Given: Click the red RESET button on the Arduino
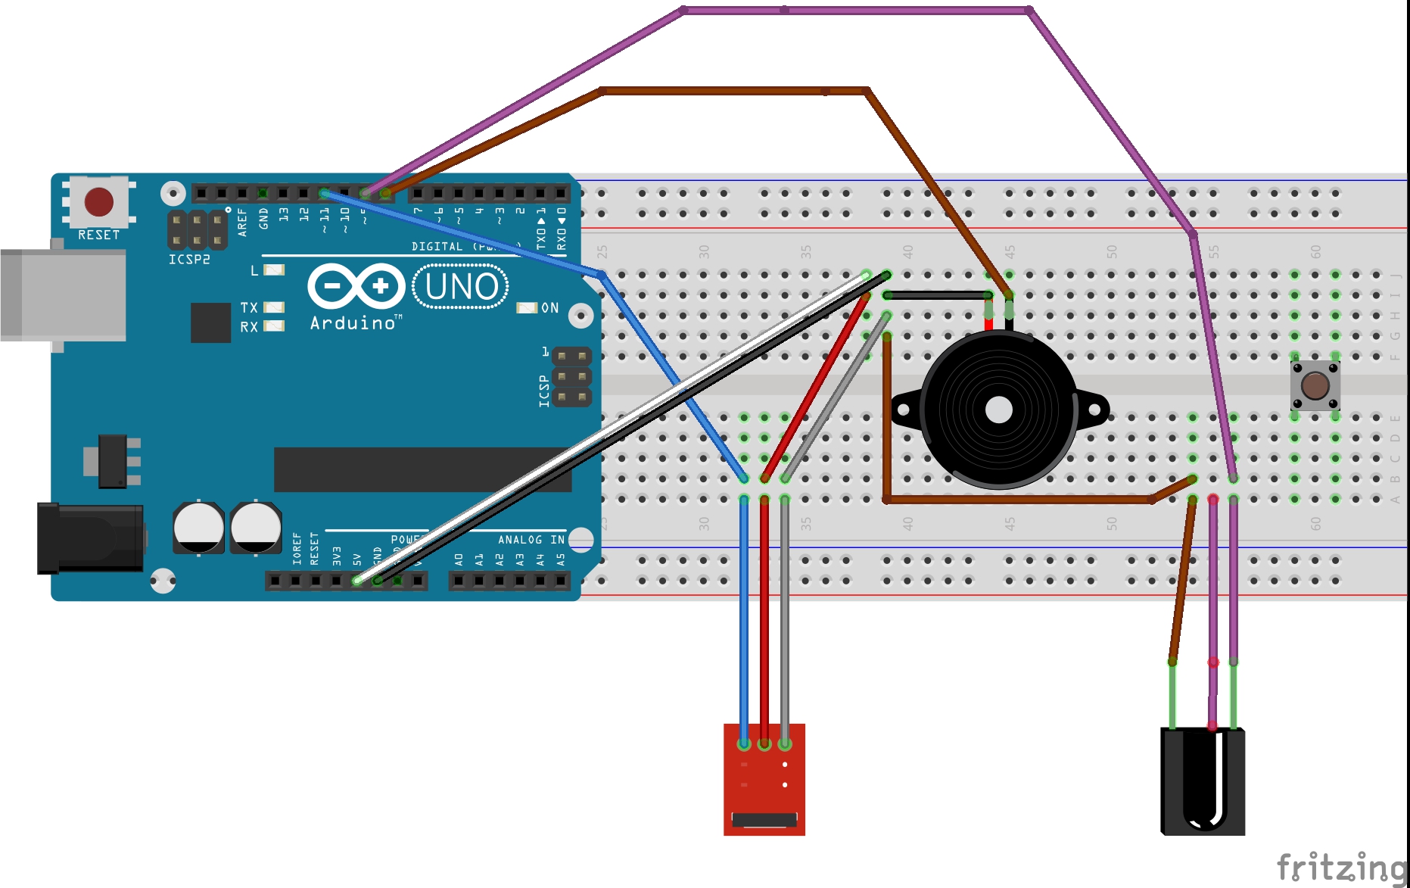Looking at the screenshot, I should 99,202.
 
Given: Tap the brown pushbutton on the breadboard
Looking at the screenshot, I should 1315,385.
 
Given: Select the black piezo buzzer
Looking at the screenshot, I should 998,410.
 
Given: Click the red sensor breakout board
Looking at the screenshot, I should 764,780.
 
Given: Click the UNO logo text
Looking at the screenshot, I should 462,287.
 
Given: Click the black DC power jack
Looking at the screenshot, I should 90,537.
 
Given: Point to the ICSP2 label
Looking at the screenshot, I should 189,260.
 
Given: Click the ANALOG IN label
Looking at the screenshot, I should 531,540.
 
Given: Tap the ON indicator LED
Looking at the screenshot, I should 527,307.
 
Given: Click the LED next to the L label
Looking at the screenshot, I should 274,270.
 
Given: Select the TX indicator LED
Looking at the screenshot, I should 274,307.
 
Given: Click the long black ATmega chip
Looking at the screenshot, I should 422,469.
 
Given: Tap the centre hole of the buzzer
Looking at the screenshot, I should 999,410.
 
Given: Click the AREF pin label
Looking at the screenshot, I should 242,223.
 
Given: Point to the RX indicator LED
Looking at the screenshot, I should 274,326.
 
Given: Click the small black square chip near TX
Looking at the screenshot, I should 210,322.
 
